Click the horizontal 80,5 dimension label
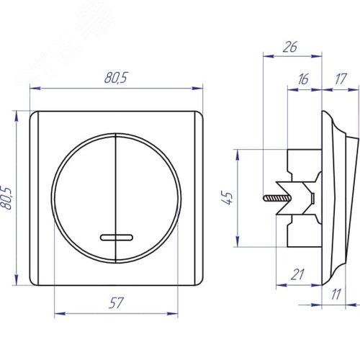[116, 77]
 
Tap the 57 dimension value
[116, 303]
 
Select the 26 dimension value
[290, 47]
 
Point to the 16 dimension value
[303, 79]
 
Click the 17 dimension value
[341, 79]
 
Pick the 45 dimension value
[227, 198]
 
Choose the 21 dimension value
[297, 274]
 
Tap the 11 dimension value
[336, 294]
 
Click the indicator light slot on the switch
[117, 238]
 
